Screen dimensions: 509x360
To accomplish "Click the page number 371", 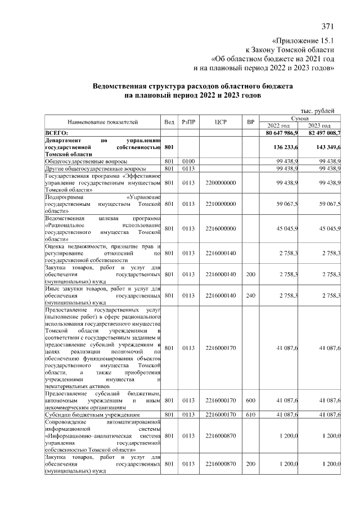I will (x=328, y=26).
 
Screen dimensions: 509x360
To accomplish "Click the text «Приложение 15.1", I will (x=303, y=41).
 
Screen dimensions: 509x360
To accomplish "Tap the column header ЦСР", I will (x=220, y=121).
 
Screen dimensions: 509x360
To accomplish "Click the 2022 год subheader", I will (x=279, y=125).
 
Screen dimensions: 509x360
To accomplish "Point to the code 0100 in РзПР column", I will (x=187, y=161).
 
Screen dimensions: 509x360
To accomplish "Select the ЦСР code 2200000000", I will (x=220, y=183).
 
